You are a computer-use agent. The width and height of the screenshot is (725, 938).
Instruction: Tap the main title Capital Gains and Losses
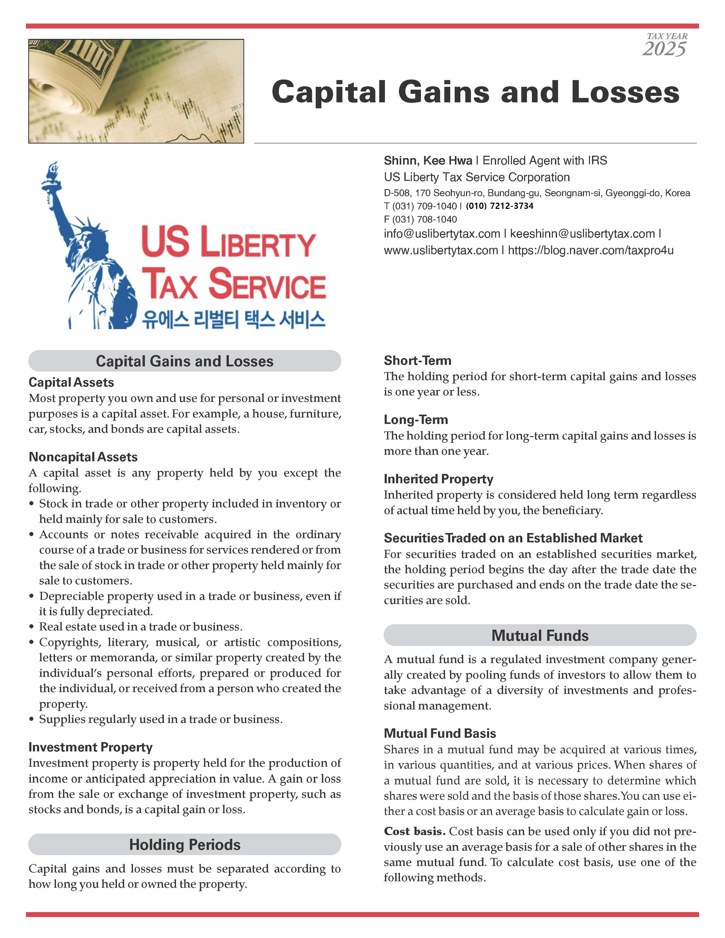(x=475, y=92)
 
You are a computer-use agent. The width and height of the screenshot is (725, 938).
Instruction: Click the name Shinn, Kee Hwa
(x=428, y=161)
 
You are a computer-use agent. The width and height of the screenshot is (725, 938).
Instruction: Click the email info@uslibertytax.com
(x=442, y=234)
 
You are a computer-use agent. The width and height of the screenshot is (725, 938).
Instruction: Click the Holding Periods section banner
(x=185, y=844)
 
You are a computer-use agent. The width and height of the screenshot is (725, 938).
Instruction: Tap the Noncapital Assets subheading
(x=83, y=457)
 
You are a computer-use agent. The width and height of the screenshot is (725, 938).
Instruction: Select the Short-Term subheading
(x=417, y=360)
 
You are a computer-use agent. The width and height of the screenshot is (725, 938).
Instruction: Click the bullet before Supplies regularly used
(x=31, y=719)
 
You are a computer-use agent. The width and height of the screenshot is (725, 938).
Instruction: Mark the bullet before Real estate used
(x=31, y=627)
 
